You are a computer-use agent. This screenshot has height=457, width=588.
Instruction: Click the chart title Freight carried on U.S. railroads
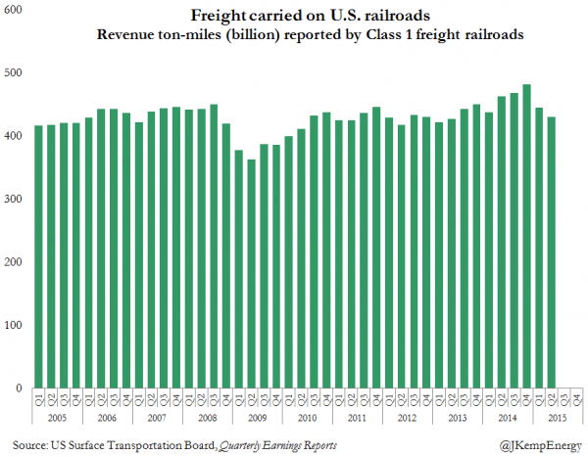[x=305, y=17]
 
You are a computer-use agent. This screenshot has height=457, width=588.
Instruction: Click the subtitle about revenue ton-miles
[x=305, y=36]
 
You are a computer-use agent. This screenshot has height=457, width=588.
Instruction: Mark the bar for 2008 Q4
[x=226, y=255]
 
